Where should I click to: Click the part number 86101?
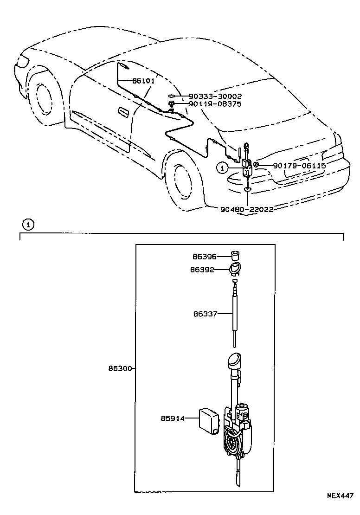[143, 81]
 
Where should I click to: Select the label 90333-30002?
[215, 96]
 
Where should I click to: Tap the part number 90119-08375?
[215, 104]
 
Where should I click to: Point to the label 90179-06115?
[299, 165]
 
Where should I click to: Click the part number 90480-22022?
[246, 209]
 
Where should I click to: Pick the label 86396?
[205, 256]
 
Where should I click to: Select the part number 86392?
[205, 270]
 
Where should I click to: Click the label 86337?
[205, 314]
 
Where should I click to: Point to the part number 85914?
[173, 418]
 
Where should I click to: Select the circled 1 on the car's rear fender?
[223, 167]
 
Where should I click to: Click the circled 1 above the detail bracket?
[28, 225]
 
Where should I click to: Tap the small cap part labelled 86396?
[237, 255]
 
